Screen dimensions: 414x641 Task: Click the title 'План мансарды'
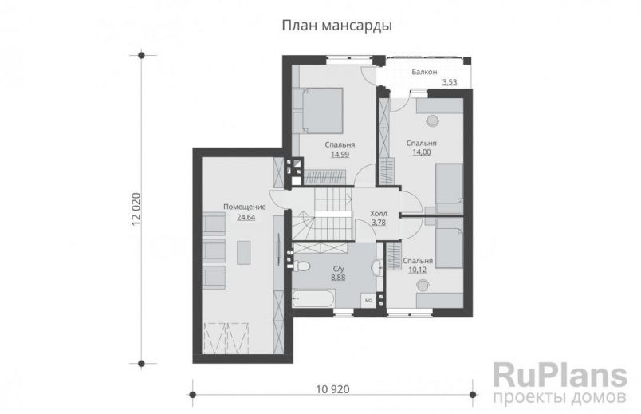click(x=336, y=25)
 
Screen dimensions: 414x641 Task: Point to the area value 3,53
click(x=450, y=82)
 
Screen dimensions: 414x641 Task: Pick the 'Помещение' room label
click(x=244, y=207)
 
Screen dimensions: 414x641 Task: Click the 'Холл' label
click(x=379, y=214)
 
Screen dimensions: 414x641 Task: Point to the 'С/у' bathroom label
click(x=338, y=269)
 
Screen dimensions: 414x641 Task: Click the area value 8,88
click(x=338, y=278)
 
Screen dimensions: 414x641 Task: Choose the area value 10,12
click(x=417, y=270)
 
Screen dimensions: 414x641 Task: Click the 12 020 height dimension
click(x=135, y=211)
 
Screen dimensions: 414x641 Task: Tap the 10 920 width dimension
click(x=334, y=391)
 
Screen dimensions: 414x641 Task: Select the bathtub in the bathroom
click(x=313, y=300)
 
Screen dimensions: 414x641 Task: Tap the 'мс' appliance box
click(x=368, y=300)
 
